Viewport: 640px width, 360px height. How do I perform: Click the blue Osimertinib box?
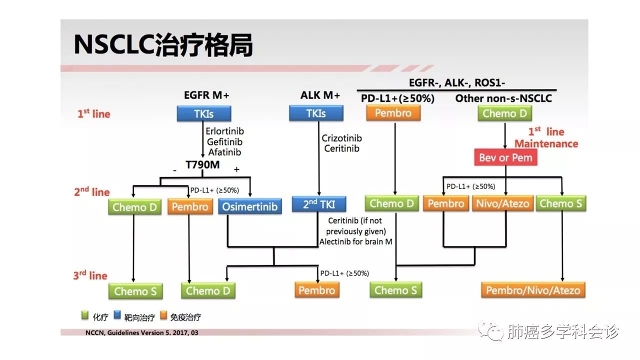(250, 206)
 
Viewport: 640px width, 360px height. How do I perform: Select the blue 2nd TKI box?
(319, 203)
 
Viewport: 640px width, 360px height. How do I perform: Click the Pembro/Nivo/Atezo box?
(533, 290)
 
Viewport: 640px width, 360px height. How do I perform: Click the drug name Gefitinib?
(224, 141)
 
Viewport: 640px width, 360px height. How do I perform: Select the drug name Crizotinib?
(342, 138)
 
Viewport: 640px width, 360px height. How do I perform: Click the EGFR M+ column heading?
(206, 95)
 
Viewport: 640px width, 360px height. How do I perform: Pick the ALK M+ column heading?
(320, 95)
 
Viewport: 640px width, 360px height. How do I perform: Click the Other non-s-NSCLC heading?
(503, 98)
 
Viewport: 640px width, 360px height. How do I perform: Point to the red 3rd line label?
(90, 275)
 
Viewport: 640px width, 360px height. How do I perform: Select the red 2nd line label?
(91, 191)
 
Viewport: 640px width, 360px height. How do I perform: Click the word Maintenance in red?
(546, 144)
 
